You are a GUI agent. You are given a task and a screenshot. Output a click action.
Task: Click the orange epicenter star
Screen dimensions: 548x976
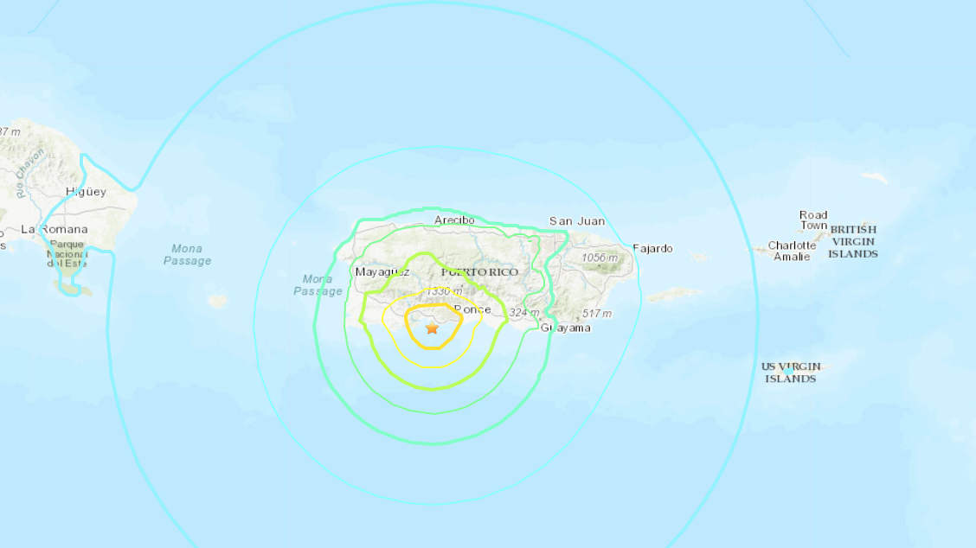pyautogui.click(x=432, y=328)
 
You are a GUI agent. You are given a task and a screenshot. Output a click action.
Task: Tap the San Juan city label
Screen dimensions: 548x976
pyautogui.click(x=577, y=221)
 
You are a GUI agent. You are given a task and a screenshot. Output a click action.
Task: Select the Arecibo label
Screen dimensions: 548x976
pyautogui.click(x=454, y=220)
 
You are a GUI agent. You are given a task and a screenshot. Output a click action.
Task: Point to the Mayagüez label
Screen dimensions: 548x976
pyautogui.click(x=382, y=272)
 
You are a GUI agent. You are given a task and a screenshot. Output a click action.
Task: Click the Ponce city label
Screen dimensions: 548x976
pyautogui.click(x=472, y=309)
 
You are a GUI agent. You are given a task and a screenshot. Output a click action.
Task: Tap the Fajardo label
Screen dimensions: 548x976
pyautogui.click(x=652, y=249)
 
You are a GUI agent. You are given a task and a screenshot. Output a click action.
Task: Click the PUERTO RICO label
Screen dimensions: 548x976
pyautogui.click(x=479, y=272)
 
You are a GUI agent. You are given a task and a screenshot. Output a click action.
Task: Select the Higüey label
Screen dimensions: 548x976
pyautogui.click(x=86, y=192)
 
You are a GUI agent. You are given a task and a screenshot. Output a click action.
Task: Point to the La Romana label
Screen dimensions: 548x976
pyautogui.click(x=54, y=230)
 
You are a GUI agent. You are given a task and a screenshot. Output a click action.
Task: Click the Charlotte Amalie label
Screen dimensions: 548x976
pyautogui.click(x=792, y=251)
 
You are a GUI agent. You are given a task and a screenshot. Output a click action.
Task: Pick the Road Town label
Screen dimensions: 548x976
pyautogui.click(x=813, y=220)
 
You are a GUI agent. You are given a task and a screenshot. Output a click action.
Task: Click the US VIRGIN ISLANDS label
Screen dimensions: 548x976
pyautogui.click(x=791, y=373)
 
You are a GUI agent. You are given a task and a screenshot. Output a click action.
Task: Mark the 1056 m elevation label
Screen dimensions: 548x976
pyautogui.click(x=600, y=258)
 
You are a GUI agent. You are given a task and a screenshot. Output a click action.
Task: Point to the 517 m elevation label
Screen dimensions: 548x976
pyautogui.click(x=597, y=313)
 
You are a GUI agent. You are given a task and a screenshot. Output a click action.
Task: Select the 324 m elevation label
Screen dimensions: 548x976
pyautogui.click(x=525, y=313)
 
